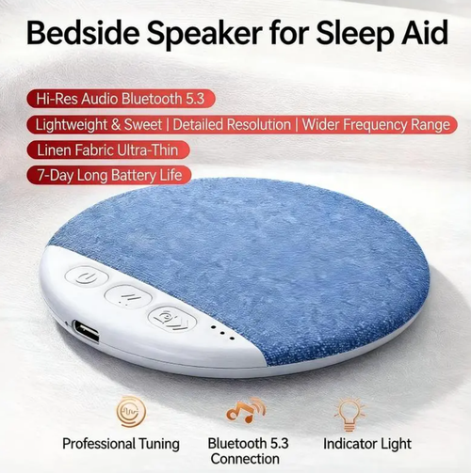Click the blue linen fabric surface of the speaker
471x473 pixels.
(283, 254)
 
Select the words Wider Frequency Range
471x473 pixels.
(375, 124)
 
